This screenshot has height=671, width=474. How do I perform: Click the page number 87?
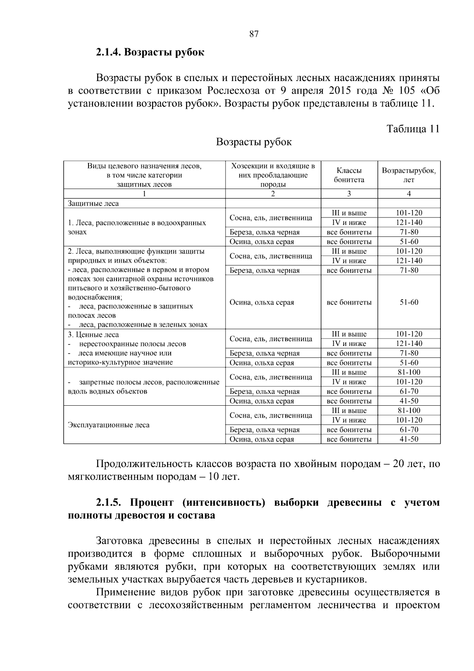click(254, 34)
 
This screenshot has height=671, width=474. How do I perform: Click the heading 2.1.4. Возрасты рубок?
click(150, 52)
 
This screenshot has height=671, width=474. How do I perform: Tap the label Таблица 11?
click(413, 129)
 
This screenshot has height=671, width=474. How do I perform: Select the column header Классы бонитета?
click(349, 175)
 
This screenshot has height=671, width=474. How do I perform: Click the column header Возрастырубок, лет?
click(409, 175)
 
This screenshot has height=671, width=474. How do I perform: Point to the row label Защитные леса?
click(93, 204)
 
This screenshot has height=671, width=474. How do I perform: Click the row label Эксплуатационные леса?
click(109, 425)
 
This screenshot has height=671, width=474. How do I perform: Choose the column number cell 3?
click(349, 194)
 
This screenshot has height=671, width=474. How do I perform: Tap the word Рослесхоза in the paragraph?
click(233, 91)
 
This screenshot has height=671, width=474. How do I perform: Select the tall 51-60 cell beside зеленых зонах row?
click(409, 302)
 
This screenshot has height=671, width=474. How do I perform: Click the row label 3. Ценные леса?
click(93, 335)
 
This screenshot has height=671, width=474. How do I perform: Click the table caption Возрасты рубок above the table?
click(254, 142)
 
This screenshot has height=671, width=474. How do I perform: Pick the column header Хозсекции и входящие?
click(273, 166)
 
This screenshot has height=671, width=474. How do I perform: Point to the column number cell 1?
click(145, 194)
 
